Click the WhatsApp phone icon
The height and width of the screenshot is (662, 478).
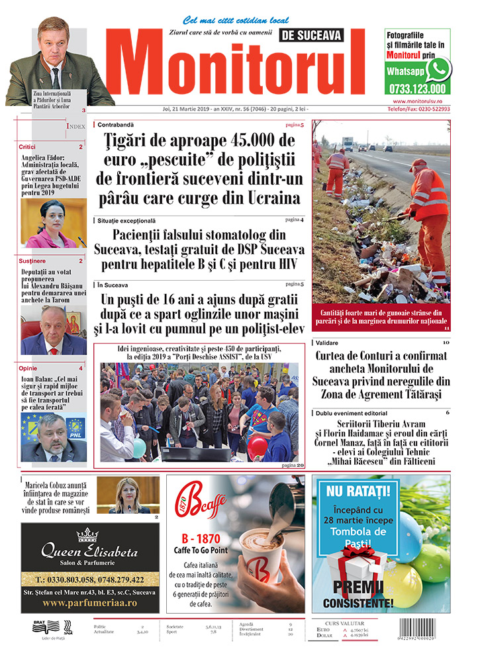coord(438,68)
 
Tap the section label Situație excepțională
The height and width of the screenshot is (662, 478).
coord(126,220)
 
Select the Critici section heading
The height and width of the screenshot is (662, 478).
coord(28,146)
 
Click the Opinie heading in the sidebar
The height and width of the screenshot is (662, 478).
coord(28,367)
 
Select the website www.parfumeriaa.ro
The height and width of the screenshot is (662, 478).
coord(90,604)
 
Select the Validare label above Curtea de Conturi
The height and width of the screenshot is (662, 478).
coord(327,343)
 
